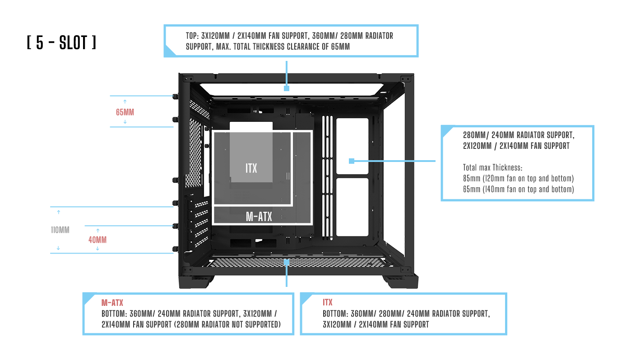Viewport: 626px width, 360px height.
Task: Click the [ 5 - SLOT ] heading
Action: [61, 42]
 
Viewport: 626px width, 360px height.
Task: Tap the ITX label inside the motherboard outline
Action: [251, 168]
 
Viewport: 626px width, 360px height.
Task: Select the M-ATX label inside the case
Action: [259, 217]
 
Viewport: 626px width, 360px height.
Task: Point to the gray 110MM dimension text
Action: [60, 230]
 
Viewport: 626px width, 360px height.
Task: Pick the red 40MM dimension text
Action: [97, 240]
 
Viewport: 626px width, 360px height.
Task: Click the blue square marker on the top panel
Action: [287, 88]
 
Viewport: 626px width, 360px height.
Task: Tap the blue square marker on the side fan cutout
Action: [352, 161]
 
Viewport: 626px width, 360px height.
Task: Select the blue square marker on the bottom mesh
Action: [287, 261]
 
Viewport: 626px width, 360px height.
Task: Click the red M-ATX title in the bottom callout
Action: [112, 303]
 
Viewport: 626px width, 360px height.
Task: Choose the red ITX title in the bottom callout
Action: [328, 302]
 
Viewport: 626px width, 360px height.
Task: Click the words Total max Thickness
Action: [492, 167]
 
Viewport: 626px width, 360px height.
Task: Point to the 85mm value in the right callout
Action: [471, 178]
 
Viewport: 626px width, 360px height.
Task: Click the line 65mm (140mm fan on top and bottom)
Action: [518, 189]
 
